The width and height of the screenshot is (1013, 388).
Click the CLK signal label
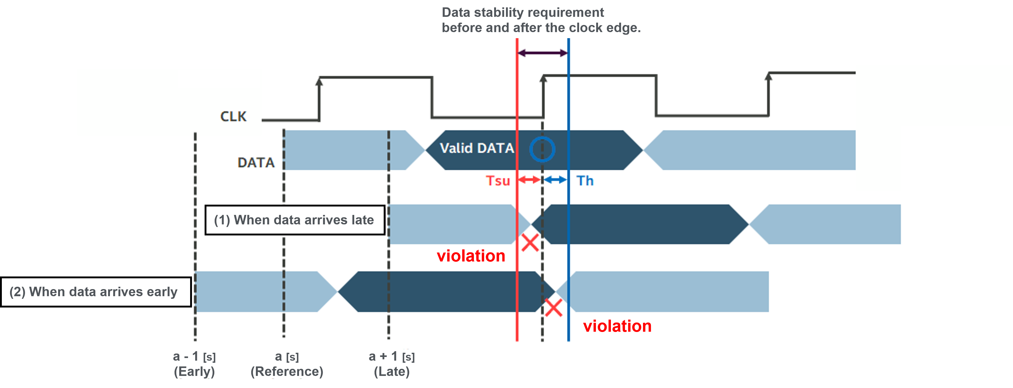(x=233, y=117)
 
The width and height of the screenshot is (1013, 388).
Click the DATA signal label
(x=256, y=163)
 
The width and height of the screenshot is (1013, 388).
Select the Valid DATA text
(x=477, y=148)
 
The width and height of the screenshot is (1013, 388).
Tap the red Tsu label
(x=498, y=181)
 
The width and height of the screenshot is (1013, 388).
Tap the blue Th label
(x=585, y=181)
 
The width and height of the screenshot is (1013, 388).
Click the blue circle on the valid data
(x=542, y=149)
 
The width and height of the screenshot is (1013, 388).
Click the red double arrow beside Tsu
(x=529, y=180)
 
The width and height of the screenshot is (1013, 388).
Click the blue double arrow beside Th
(x=555, y=180)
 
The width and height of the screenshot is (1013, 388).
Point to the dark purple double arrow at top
(x=543, y=53)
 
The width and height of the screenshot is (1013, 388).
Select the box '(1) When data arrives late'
(x=295, y=220)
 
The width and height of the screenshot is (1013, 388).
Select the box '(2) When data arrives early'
(x=96, y=292)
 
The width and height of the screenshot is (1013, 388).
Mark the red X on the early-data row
(x=554, y=308)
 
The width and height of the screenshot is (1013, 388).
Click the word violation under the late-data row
(x=471, y=256)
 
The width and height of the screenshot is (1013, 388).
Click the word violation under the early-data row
(x=617, y=326)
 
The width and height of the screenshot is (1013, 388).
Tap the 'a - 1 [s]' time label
(x=194, y=356)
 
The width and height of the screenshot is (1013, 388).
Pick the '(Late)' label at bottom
(x=392, y=371)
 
